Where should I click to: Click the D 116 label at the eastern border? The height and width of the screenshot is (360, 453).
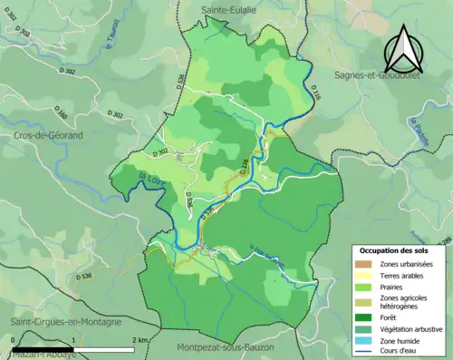pos(314,89)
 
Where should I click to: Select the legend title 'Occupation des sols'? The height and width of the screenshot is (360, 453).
pos(394,250)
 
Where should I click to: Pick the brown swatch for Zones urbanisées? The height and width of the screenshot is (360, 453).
pos(364,263)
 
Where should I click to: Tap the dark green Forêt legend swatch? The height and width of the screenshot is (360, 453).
pos(364,316)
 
